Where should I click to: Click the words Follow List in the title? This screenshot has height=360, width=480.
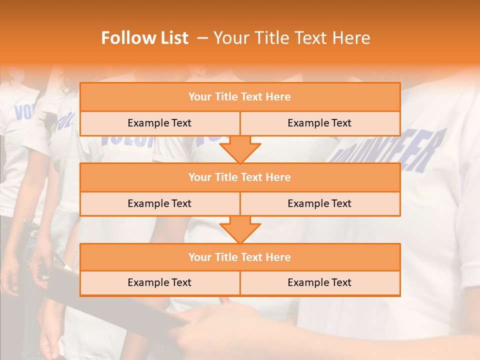pyautogui.click(x=145, y=38)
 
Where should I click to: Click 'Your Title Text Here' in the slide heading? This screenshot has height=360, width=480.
pyautogui.click(x=292, y=38)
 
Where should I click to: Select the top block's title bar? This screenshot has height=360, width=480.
pyautogui.click(x=240, y=97)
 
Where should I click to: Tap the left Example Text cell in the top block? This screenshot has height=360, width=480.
pyautogui.click(x=159, y=123)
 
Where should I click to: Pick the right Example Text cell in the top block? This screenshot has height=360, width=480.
pyautogui.click(x=319, y=123)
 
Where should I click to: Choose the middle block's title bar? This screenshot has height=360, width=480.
pyautogui.click(x=240, y=177)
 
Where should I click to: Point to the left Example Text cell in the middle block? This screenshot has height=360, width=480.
pyautogui.click(x=159, y=203)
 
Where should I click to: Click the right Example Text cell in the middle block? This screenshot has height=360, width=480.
pyautogui.click(x=319, y=203)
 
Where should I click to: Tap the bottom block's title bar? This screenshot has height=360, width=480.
pyautogui.click(x=240, y=257)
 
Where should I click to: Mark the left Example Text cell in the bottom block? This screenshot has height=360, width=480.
pyautogui.click(x=159, y=282)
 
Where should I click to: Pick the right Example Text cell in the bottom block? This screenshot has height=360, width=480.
pyautogui.click(x=319, y=282)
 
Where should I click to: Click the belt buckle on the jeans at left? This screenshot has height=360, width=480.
pyautogui.click(x=34, y=232)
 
